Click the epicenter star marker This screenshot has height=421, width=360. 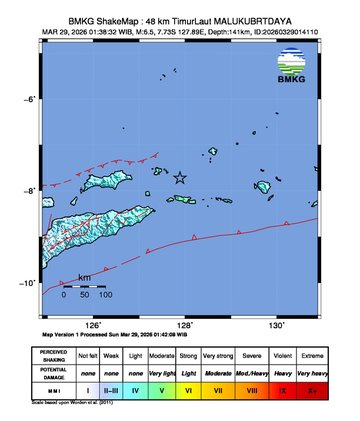coord(180,178)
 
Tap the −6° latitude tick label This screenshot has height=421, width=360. coord(30,99)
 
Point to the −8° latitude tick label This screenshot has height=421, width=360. coord(30,190)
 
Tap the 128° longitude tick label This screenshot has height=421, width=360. coord(186,325)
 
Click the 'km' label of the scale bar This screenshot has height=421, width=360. coord(85,275)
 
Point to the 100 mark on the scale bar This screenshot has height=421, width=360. coord(105,295)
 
